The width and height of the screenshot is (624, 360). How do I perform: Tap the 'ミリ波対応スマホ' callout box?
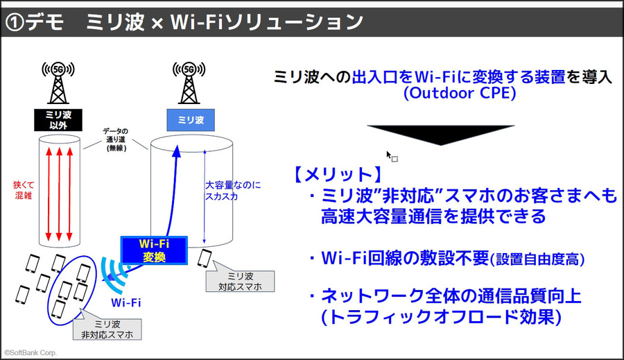click(236, 281)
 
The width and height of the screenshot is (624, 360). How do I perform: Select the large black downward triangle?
click(440, 135)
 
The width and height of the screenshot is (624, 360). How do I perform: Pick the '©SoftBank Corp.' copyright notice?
click(31, 352)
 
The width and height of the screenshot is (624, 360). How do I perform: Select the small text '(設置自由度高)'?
click(538, 259)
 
